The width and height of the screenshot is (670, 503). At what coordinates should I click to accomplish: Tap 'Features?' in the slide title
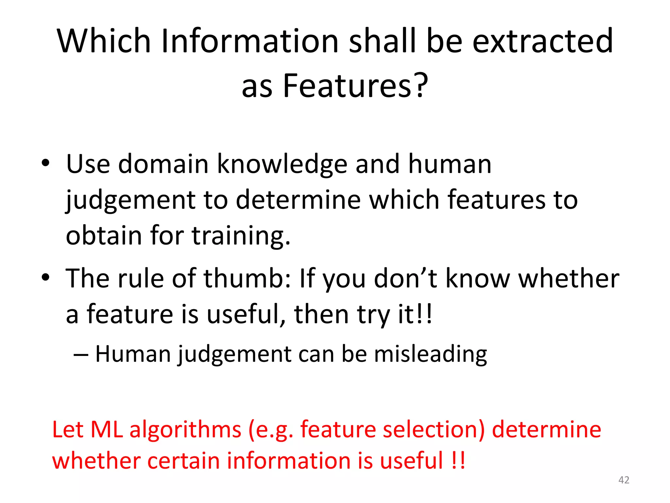point(355,86)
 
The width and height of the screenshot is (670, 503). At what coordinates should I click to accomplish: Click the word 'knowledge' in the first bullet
point(282,164)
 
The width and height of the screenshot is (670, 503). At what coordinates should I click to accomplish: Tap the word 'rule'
point(140,278)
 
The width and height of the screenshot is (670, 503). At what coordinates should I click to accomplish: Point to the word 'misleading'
point(430,354)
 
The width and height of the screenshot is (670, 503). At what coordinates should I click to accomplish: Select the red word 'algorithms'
point(185,430)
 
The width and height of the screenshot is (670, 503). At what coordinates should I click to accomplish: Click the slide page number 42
point(624,480)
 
